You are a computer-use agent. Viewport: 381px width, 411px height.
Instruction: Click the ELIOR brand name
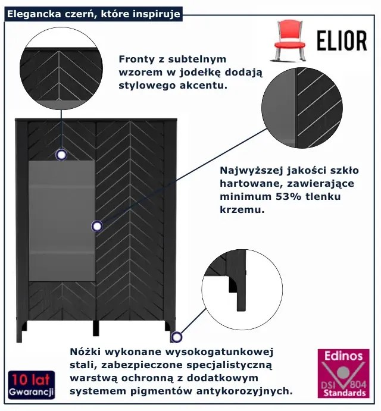(342, 40)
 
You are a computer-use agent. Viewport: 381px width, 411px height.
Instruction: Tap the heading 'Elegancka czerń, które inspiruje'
(93, 14)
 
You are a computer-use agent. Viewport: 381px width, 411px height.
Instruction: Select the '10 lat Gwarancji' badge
(32, 385)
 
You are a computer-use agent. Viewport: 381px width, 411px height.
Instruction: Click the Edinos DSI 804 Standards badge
(343, 374)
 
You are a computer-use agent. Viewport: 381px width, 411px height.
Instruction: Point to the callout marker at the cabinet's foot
(177, 337)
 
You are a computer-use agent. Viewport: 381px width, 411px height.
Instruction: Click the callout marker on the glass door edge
(97, 226)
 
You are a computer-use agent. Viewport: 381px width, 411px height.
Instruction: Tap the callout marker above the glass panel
(61, 155)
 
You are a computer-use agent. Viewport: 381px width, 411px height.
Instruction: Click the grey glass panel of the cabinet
(62, 221)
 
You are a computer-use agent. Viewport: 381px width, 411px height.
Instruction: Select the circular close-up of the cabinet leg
(242, 289)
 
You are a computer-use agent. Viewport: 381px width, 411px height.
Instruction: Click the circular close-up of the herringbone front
(61, 68)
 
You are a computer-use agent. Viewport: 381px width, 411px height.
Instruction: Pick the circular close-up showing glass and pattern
(302, 108)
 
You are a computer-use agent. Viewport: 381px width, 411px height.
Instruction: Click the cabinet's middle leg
(96, 328)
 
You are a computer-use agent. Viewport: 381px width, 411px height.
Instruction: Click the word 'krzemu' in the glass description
(242, 210)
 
